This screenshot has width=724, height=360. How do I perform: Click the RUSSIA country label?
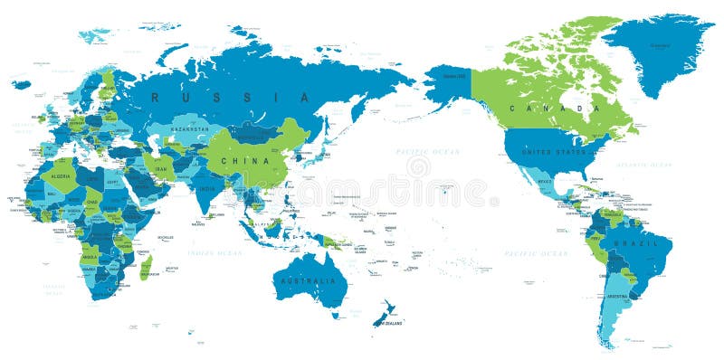(x=230, y=97)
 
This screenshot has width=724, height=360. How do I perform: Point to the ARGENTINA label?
(x=618, y=297)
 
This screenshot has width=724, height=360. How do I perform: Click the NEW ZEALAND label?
(x=390, y=323)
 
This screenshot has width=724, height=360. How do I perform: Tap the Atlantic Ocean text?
(x=644, y=165)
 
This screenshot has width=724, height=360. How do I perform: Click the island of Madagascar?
(x=146, y=267)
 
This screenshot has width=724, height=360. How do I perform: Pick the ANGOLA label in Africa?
(x=90, y=257)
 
